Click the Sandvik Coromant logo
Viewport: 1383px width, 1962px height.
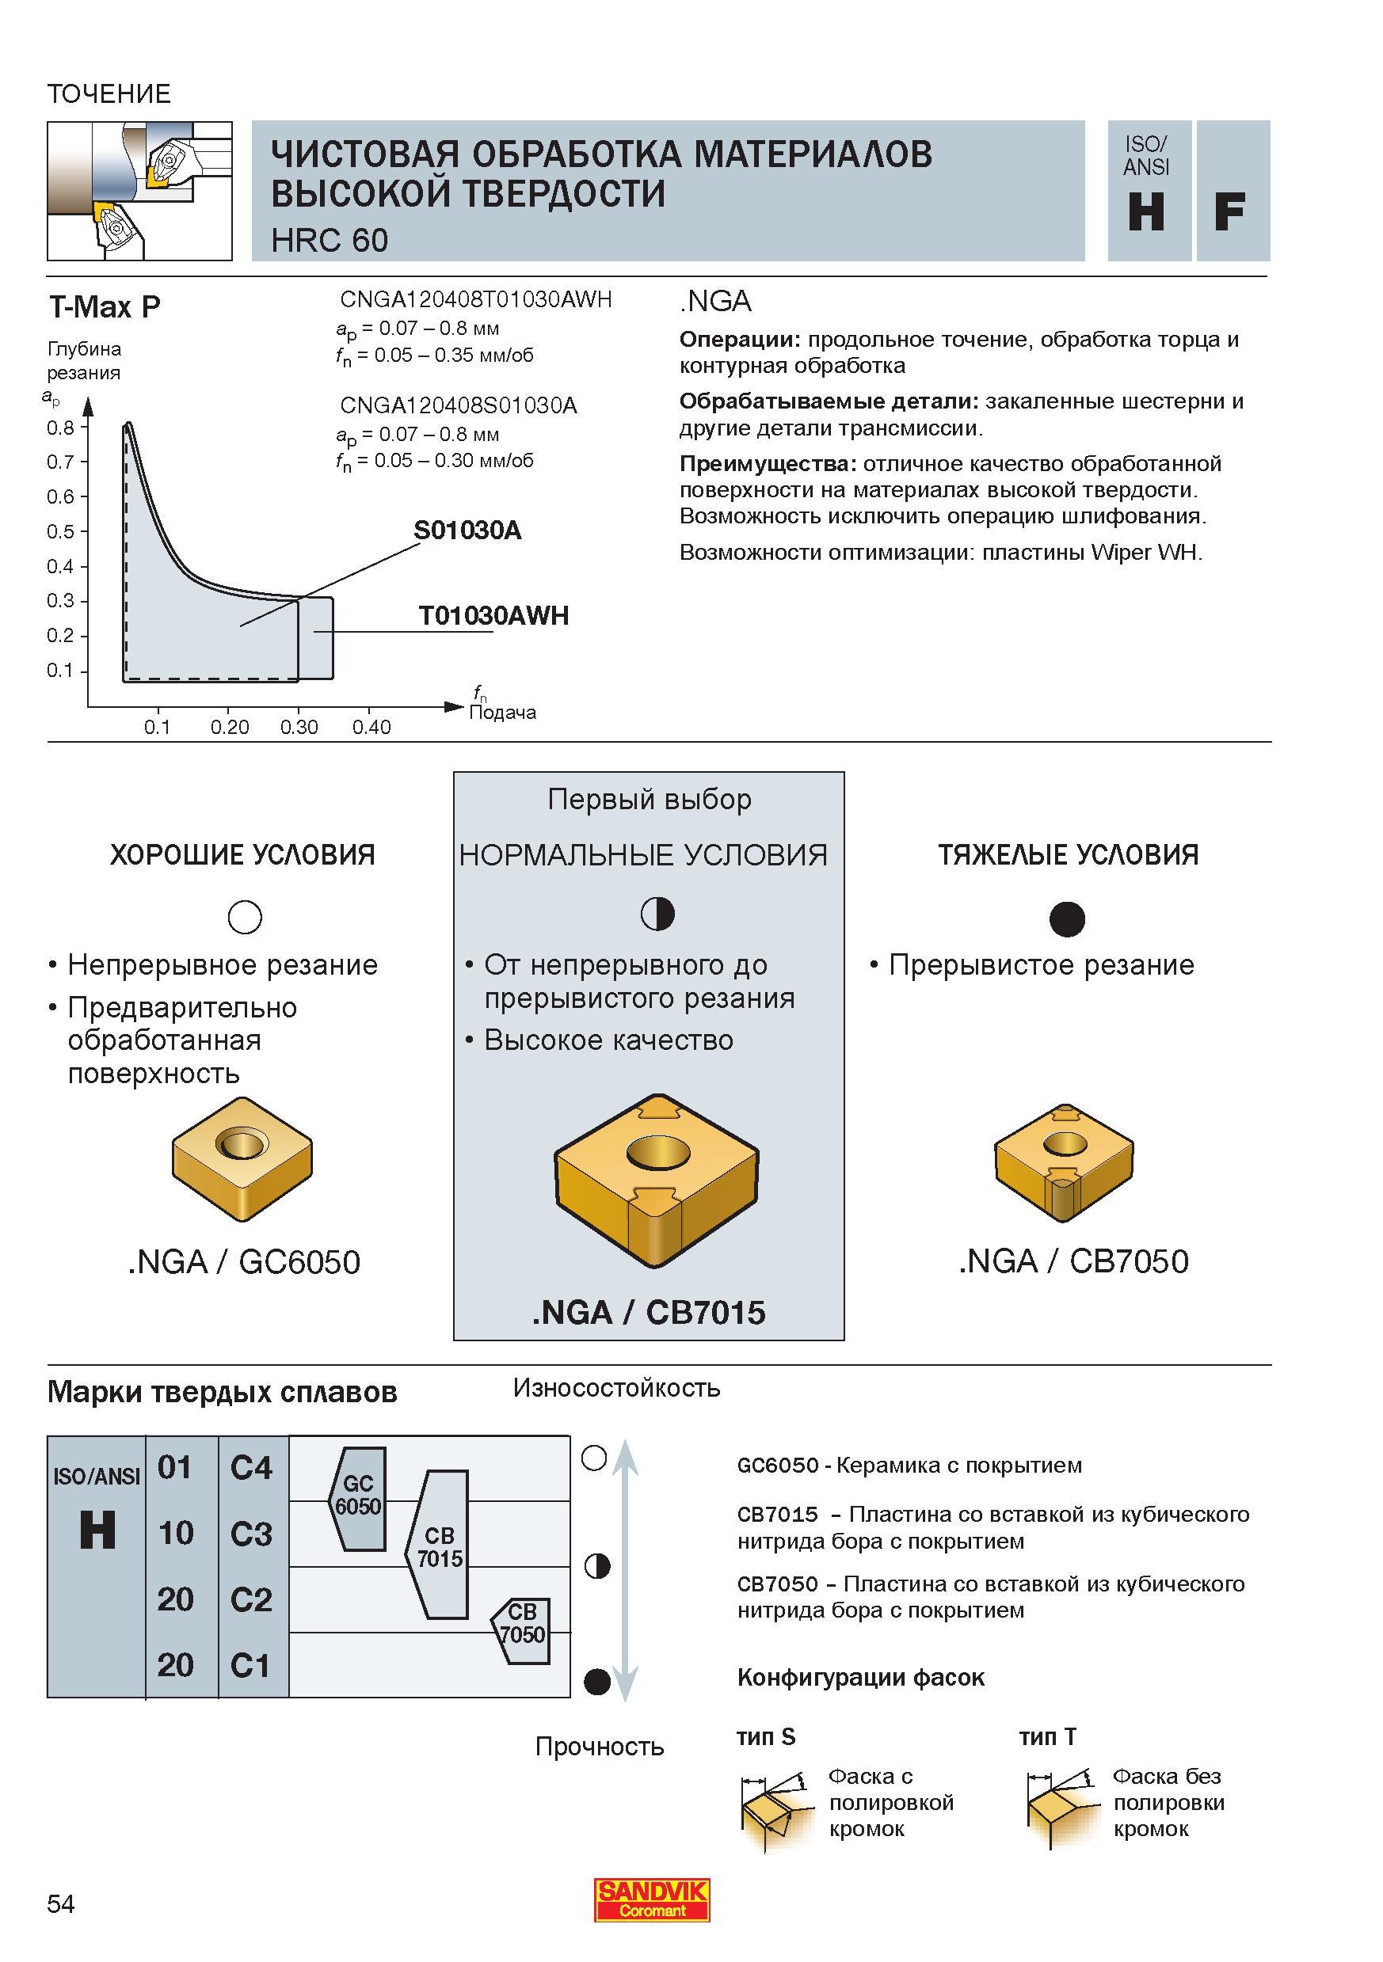point(652,1899)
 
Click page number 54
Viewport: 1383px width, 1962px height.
point(61,1903)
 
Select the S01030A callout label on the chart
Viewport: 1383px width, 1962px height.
point(467,530)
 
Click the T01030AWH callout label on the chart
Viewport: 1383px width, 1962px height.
point(493,615)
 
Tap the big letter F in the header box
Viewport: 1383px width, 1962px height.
point(1229,212)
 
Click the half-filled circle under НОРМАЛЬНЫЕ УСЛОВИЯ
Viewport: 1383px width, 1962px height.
point(657,914)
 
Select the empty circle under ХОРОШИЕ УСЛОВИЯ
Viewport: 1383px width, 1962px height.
point(246,917)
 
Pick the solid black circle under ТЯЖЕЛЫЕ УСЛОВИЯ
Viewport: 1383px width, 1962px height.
point(1067,918)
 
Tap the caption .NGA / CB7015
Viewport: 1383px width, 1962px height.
point(649,1313)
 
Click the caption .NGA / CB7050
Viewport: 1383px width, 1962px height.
point(1073,1261)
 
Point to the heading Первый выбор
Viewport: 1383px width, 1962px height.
point(650,799)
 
